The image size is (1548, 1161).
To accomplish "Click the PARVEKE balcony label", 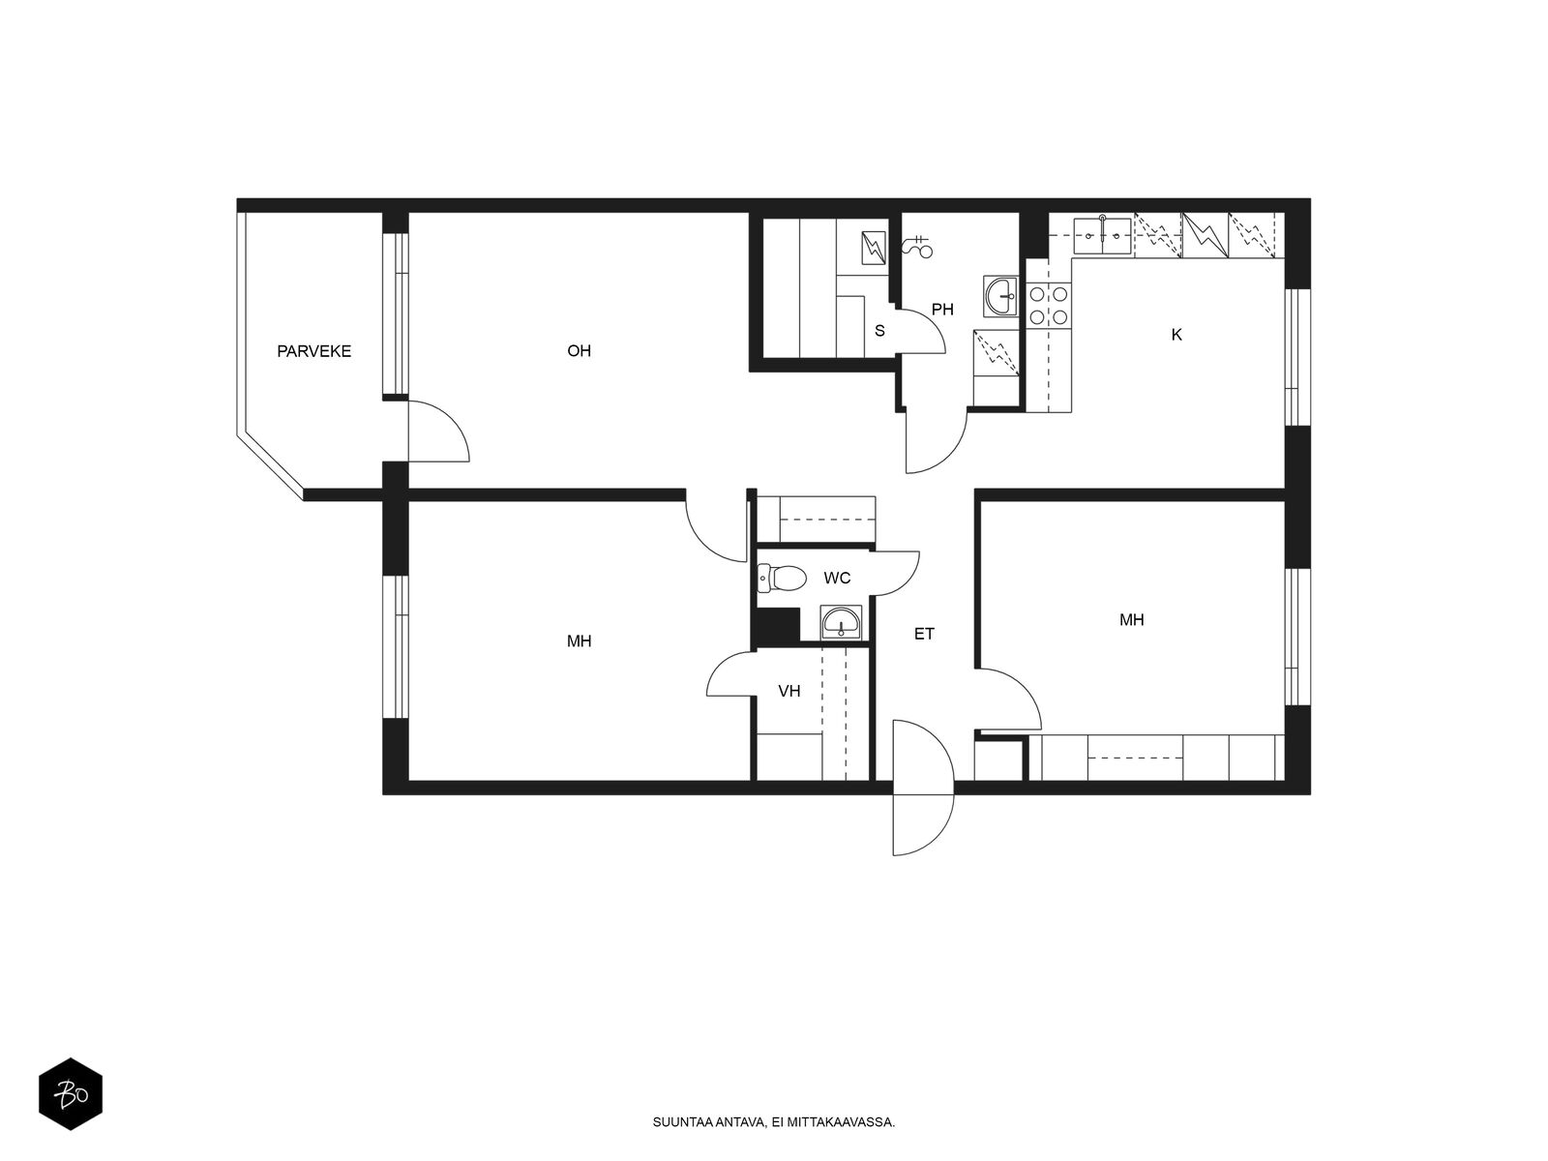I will [x=313, y=351].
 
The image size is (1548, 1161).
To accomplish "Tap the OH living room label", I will [x=579, y=351].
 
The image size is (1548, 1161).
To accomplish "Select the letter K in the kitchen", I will [x=1176, y=335].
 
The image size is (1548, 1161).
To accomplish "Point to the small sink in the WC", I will [x=841, y=622].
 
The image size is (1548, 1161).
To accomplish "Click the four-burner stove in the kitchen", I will [x=1049, y=304].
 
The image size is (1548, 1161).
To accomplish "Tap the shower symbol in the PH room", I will [x=917, y=247].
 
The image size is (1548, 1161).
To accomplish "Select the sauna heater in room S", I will [x=874, y=249].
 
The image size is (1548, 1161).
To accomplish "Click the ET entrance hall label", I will [x=924, y=635].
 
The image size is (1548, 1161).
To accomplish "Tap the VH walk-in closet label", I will [x=789, y=691].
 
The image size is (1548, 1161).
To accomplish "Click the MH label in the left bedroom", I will [x=579, y=641].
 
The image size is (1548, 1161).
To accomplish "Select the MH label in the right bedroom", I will [x=1131, y=620].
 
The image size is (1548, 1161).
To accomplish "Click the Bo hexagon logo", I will [x=71, y=1095].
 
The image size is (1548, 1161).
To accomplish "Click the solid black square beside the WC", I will [x=776, y=626].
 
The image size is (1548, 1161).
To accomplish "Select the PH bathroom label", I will [x=942, y=310].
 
